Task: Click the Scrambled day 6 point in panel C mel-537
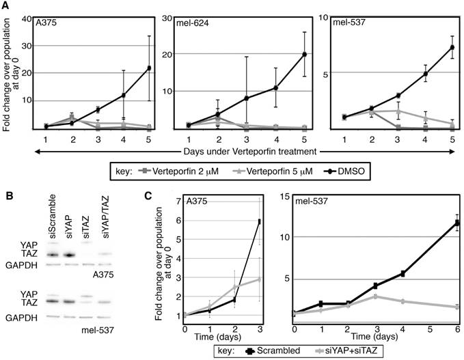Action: coord(456,222)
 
